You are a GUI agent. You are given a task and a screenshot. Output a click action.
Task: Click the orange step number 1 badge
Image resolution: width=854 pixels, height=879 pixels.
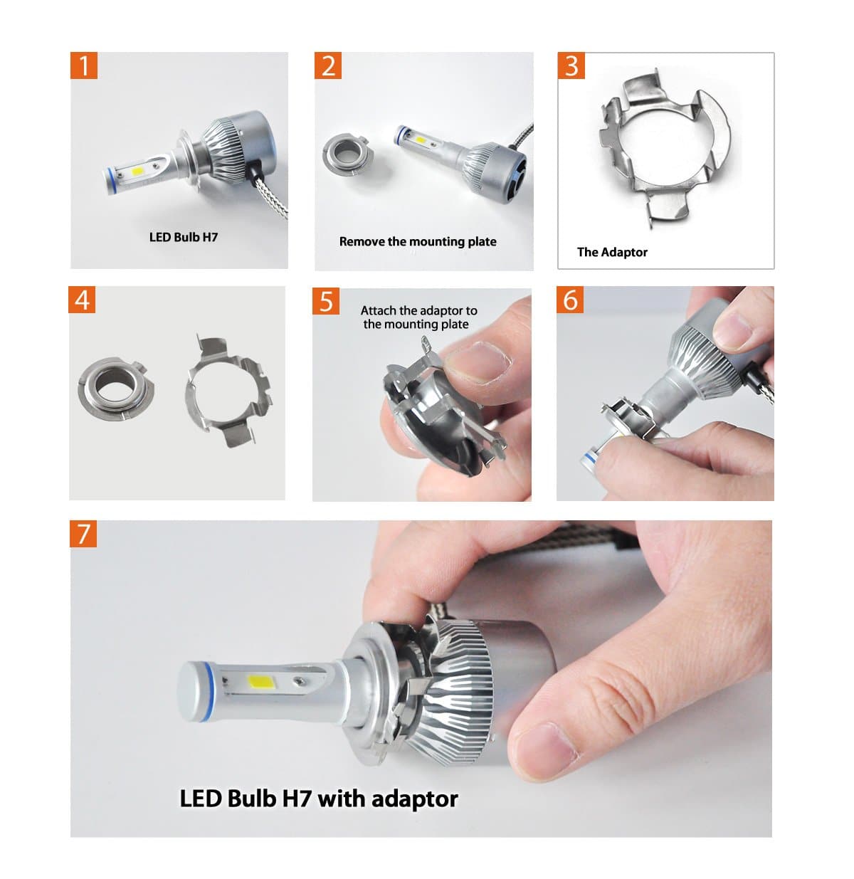pyautogui.click(x=84, y=65)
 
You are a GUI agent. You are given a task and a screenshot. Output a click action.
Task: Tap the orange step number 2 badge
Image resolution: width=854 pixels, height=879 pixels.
pyautogui.click(x=328, y=65)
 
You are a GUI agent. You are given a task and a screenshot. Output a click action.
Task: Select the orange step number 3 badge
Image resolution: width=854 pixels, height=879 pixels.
pyautogui.click(x=571, y=65)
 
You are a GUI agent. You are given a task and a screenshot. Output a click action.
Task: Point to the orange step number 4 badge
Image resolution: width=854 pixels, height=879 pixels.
pyautogui.click(x=83, y=300)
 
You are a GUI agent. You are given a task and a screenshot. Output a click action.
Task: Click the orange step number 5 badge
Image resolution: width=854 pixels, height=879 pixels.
pyautogui.click(x=326, y=301)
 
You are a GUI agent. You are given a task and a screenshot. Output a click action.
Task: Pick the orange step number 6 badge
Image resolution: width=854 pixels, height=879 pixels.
pyautogui.click(x=570, y=300)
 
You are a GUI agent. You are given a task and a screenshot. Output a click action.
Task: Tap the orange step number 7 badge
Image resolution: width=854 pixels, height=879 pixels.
pyautogui.click(x=84, y=533)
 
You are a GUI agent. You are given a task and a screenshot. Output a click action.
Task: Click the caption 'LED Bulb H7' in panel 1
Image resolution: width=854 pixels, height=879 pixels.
pyautogui.click(x=183, y=237)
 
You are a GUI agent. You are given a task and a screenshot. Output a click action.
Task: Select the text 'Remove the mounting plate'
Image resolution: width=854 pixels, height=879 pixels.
pyautogui.click(x=418, y=241)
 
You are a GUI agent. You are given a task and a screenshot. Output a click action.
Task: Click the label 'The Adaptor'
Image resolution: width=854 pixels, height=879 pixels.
pyautogui.click(x=612, y=252)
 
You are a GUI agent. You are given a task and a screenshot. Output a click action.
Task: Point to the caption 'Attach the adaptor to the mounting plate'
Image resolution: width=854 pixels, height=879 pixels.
pyautogui.click(x=418, y=317)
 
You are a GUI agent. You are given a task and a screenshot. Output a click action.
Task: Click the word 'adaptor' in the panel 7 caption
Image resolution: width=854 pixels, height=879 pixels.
pyautogui.click(x=414, y=799)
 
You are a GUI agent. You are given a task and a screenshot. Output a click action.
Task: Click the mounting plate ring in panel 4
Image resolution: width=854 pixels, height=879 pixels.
pyautogui.click(x=112, y=391)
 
